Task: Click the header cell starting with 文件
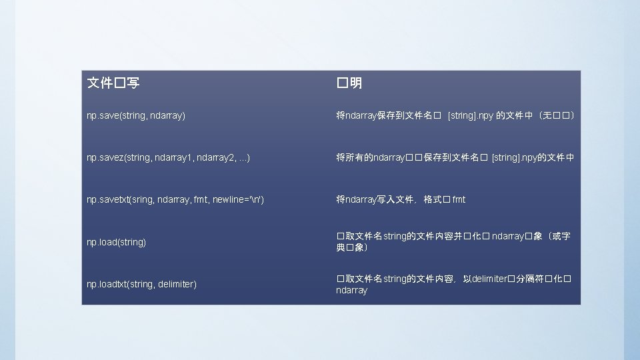tap(113, 83)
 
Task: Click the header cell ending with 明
tap(349, 83)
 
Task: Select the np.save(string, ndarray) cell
tap(136, 116)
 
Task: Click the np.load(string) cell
tap(116, 242)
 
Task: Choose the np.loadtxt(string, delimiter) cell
tap(141, 284)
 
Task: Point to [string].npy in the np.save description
tap(471, 116)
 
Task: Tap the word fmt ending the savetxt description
tap(459, 199)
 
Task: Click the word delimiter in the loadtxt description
tap(490, 279)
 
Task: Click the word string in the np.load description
tap(394, 237)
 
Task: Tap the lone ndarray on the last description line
tap(351, 291)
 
